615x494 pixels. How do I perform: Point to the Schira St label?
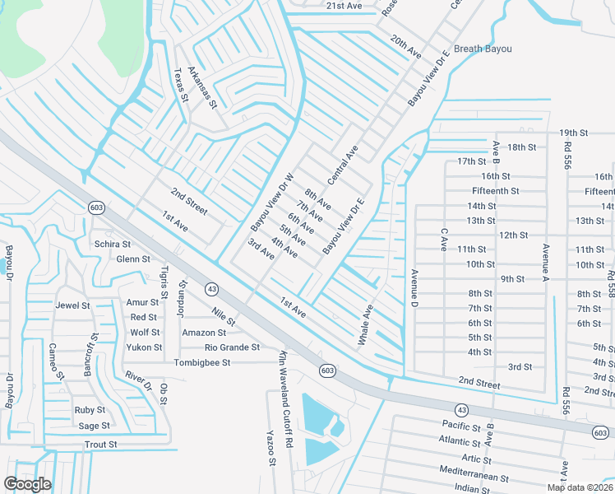pos(113,245)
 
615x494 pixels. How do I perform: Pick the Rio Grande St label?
pos(233,347)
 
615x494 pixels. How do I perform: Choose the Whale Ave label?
pos(365,326)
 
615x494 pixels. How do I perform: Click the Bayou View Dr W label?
pos(272,202)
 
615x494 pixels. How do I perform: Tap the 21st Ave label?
pos(344,6)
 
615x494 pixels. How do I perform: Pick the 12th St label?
pos(513,235)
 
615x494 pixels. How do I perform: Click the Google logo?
pos(27,484)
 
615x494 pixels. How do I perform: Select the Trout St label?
pos(101,445)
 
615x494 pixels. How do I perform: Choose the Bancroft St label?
pos(90,355)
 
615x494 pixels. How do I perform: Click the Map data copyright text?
pos(580,487)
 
